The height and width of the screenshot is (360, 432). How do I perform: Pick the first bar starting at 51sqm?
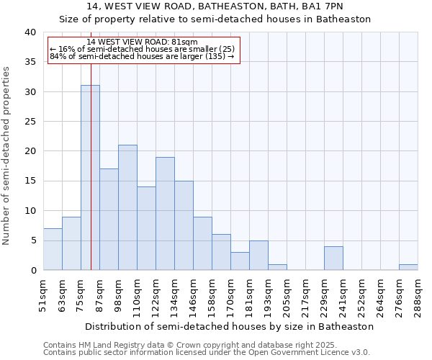(x=53, y=249)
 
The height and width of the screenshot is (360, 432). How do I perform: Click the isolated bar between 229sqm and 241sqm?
(x=333, y=258)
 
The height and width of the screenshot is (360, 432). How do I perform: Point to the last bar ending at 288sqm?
(x=408, y=267)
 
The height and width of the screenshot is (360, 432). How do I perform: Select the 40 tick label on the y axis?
(x=30, y=32)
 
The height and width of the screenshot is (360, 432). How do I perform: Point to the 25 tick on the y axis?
(x=30, y=122)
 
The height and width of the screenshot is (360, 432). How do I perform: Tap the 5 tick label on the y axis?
(x=32, y=240)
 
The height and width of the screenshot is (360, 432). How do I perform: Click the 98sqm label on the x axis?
(x=118, y=294)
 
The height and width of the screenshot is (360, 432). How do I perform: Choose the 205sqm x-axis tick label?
(x=287, y=294)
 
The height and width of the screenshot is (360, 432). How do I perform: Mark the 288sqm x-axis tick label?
(x=418, y=294)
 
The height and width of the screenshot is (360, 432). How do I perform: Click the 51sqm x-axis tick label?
(x=43, y=294)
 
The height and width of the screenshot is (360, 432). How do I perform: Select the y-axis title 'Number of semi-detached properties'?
(x=7, y=155)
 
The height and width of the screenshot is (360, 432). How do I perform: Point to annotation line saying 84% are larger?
(x=142, y=56)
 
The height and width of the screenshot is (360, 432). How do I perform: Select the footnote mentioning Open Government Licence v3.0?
(x=207, y=353)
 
